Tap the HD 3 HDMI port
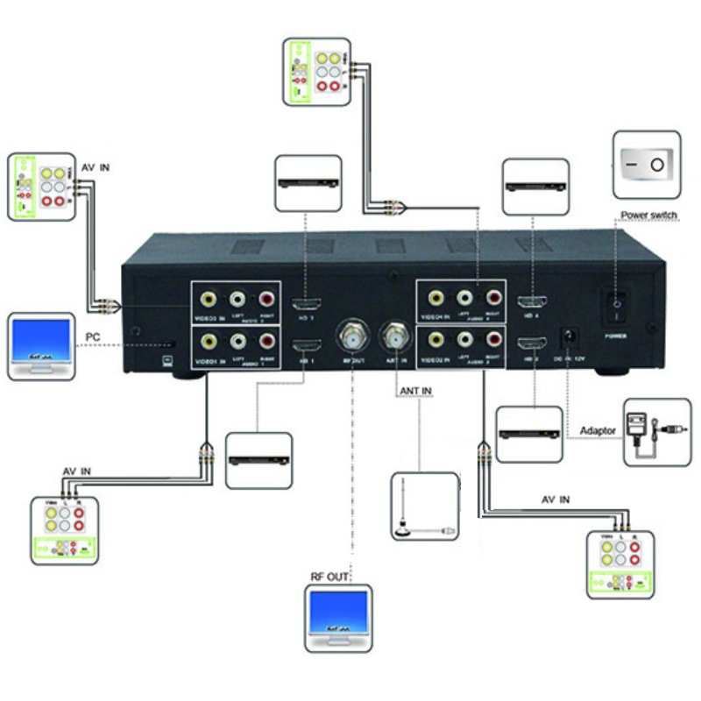tap(307, 307)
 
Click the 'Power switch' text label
tap(648, 216)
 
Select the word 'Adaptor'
tap(598, 431)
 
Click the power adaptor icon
tap(656, 432)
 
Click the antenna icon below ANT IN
tap(423, 506)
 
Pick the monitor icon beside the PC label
tap(40, 345)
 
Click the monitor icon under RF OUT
tap(338, 619)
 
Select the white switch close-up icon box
tap(646, 164)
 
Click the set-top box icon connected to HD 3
tap(308, 183)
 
